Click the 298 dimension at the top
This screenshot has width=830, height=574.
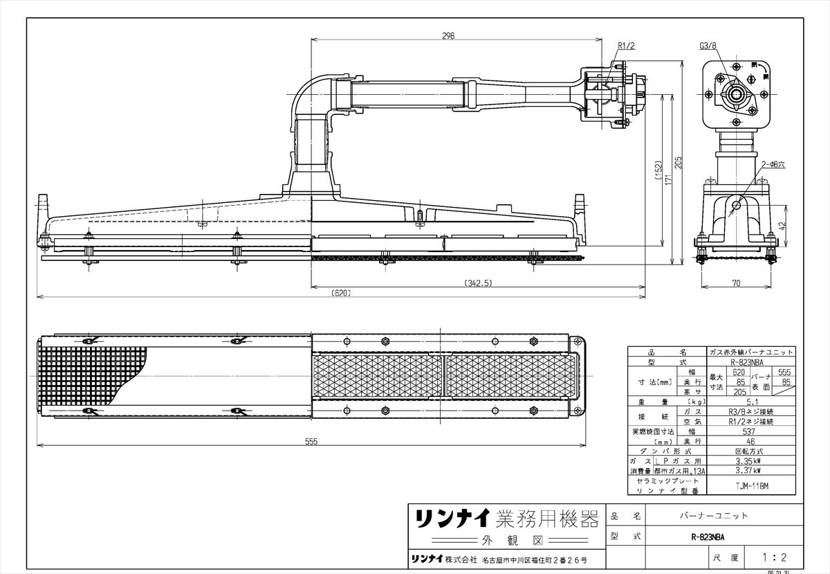[x=448, y=37]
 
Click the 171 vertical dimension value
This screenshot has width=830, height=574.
[x=668, y=179]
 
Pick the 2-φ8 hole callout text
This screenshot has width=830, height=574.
[x=773, y=164]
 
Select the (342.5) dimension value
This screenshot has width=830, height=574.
[x=478, y=282]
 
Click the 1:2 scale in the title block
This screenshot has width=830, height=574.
[x=773, y=556]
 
